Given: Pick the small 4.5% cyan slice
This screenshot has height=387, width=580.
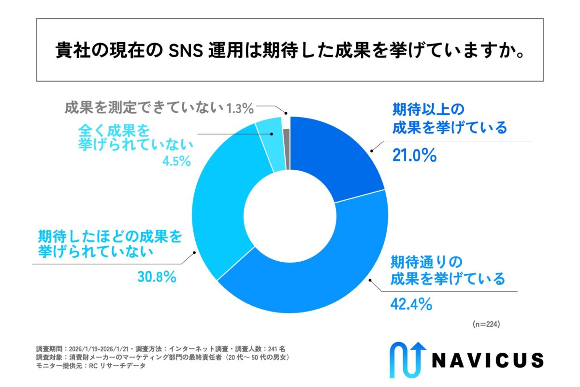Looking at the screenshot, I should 269,145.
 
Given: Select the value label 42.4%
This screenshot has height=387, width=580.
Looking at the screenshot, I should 410,304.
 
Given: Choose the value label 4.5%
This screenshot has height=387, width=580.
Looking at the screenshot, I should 177,161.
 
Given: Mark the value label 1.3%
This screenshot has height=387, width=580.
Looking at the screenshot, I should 240,108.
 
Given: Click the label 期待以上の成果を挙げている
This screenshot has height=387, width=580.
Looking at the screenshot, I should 449,118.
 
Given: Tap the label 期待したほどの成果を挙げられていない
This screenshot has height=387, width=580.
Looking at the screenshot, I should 110,244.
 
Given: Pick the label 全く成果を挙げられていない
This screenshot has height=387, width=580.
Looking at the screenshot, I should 137,138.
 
